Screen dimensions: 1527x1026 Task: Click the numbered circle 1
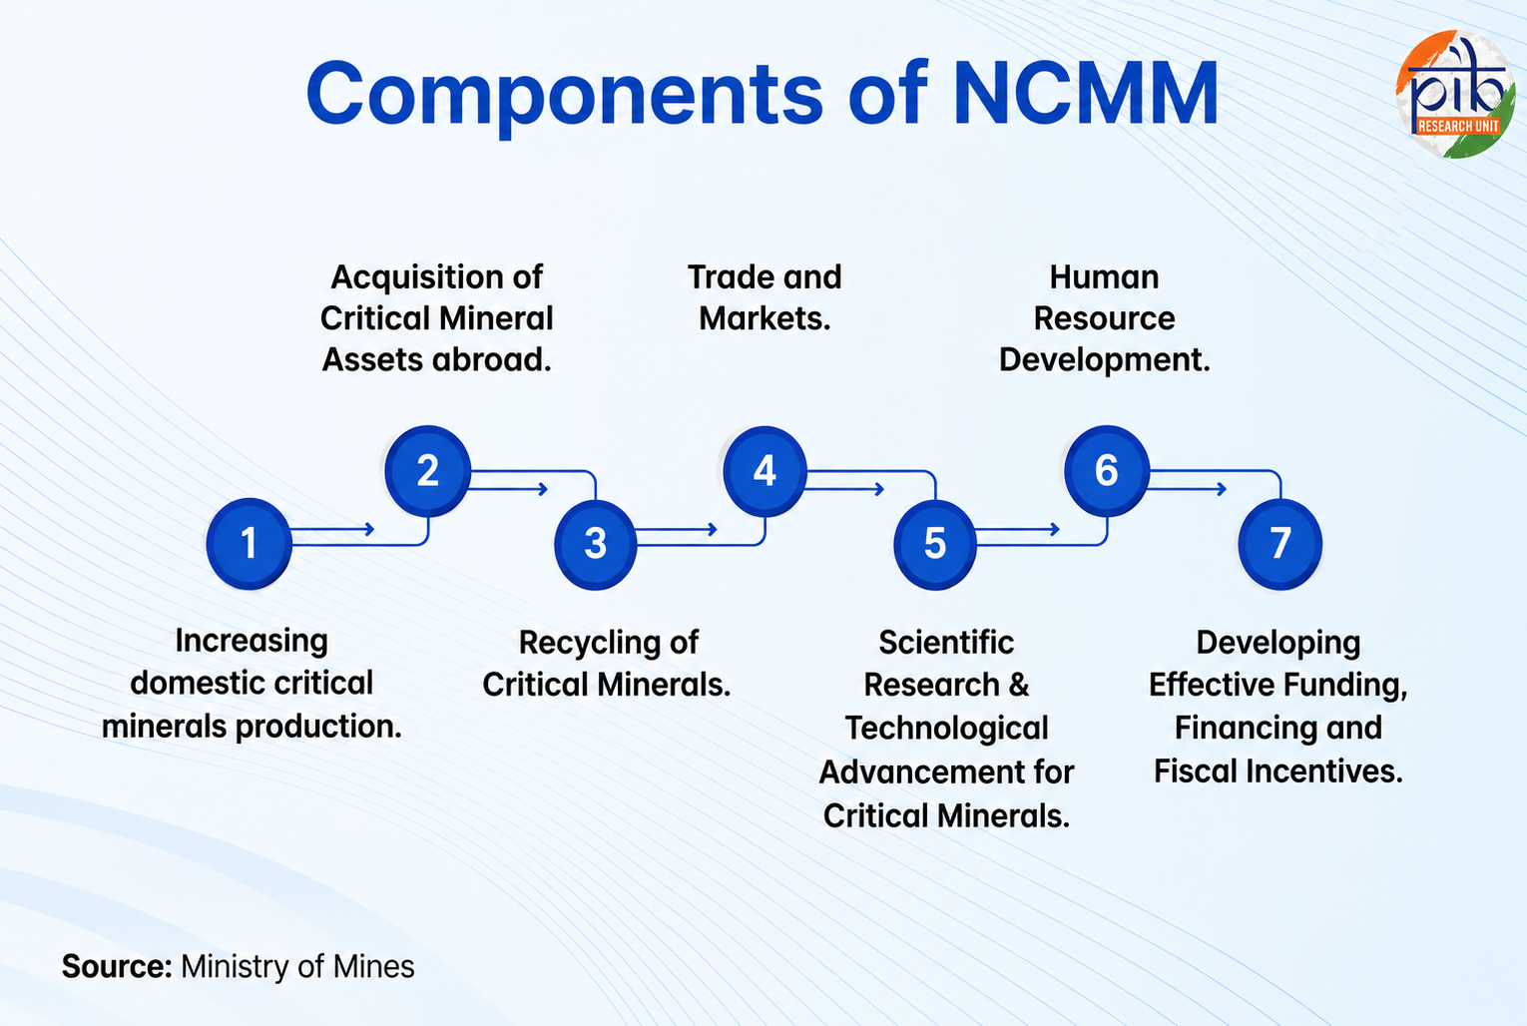tap(249, 543)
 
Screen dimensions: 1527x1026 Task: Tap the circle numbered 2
tap(427, 470)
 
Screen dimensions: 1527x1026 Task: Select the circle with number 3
tap(595, 543)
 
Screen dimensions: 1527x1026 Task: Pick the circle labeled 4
tap(764, 470)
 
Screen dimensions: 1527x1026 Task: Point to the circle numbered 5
tap(934, 543)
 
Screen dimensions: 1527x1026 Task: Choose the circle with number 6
tap(1107, 470)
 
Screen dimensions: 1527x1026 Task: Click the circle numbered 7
tap(1279, 543)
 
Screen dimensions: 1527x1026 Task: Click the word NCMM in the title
tap(1085, 93)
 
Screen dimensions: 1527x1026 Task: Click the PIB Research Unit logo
tap(1455, 94)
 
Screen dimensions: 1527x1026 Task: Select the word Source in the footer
tap(117, 966)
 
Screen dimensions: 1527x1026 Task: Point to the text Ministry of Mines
tap(297, 966)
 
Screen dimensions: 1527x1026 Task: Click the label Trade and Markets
tap(764, 297)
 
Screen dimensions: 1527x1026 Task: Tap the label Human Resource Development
tap(1105, 318)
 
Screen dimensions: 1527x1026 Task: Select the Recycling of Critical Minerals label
tap(607, 664)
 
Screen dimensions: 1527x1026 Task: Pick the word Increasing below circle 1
tap(252, 642)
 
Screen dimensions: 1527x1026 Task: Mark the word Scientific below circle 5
tap(946, 642)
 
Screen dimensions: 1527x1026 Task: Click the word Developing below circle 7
tap(1278, 643)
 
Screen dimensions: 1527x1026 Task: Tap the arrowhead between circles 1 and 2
tap(370, 529)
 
